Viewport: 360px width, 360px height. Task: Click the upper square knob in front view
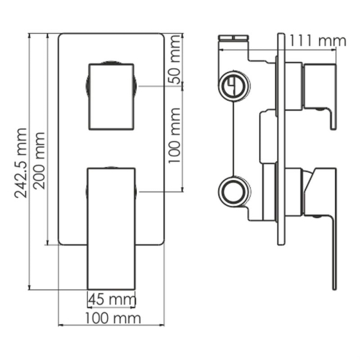pos(112,96)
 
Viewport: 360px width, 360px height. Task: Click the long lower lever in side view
pos(328,230)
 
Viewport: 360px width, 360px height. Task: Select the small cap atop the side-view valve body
pos(235,35)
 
